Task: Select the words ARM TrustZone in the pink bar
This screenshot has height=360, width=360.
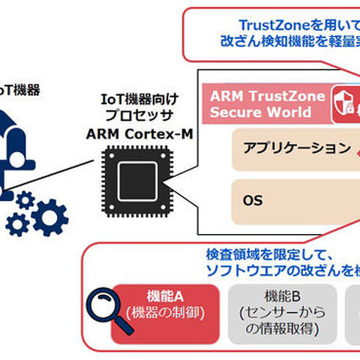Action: click(267, 97)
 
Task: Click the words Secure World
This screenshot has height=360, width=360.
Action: click(259, 112)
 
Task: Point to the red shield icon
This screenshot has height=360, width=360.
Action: click(343, 105)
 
